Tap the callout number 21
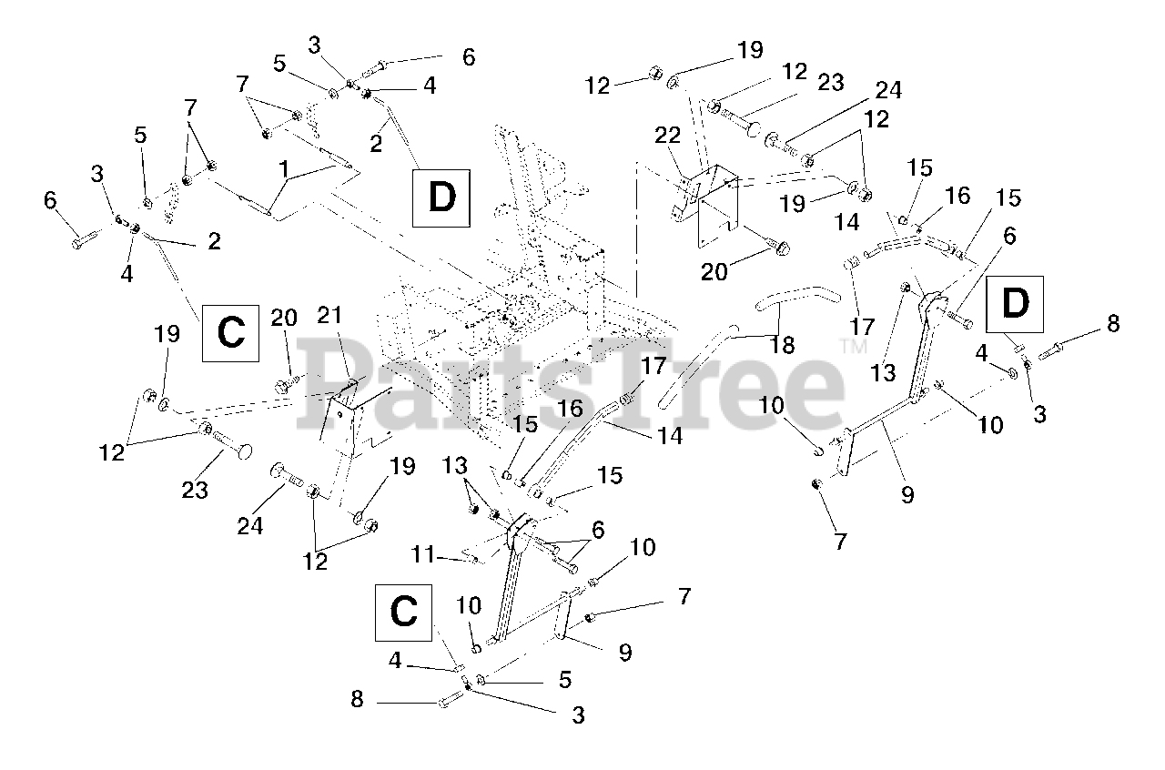coord(329,315)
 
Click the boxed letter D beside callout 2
coord(441,198)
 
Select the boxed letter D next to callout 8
coord(1015,305)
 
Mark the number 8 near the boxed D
coord(1112,323)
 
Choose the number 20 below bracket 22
coord(714,271)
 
